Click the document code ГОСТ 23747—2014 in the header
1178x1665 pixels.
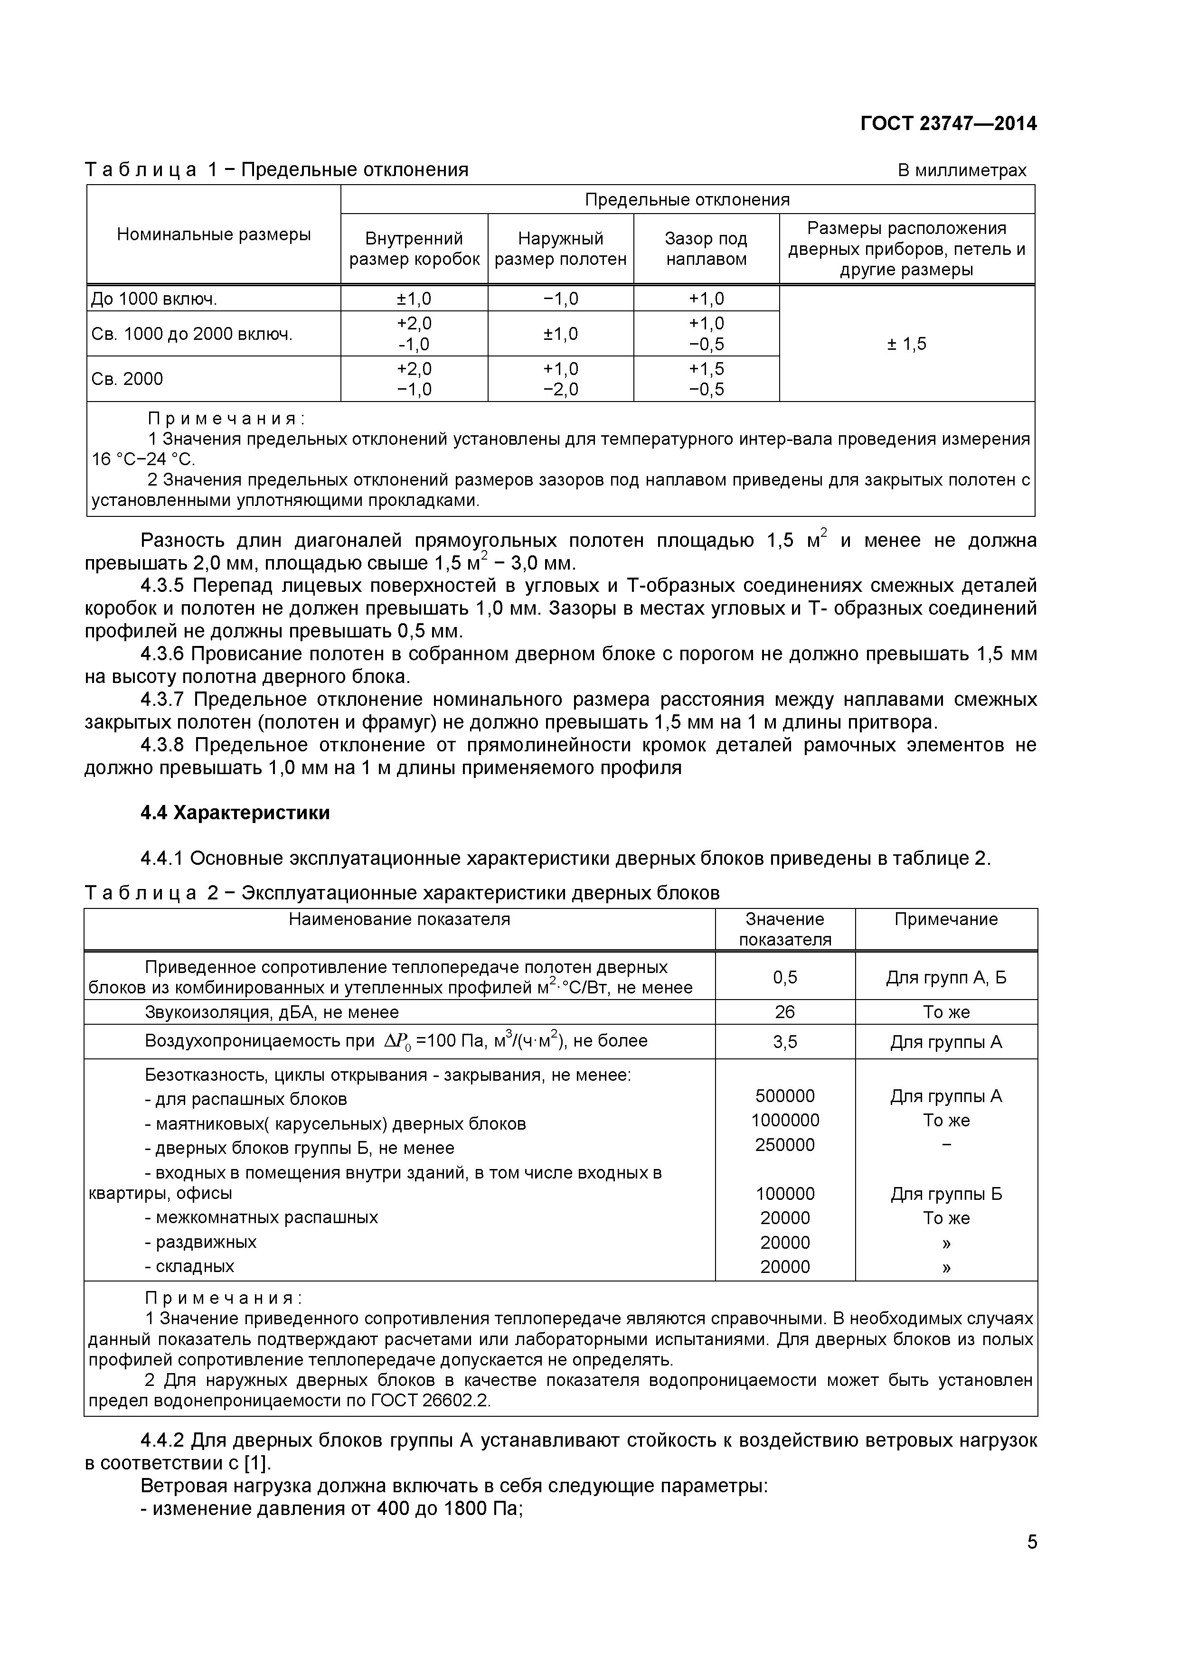click(x=948, y=124)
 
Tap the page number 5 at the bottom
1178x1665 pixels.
click(x=1031, y=1562)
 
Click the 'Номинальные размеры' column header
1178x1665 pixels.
click(x=214, y=234)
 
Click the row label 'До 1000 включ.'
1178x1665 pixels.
click(x=154, y=299)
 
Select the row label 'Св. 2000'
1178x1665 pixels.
click(x=128, y=379)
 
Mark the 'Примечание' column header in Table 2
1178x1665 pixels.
click(x=945, y=919)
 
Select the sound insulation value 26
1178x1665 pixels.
click(x=785, y=1011)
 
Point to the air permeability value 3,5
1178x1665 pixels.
click(x=785, y=1042)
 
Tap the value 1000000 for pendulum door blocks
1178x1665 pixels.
click(x=785, y=1121)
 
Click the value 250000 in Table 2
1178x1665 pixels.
click(x=785, y=1145)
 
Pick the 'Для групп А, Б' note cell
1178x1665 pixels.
click(x=946, y=978)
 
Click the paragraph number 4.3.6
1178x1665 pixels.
click(x=163, y=654)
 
